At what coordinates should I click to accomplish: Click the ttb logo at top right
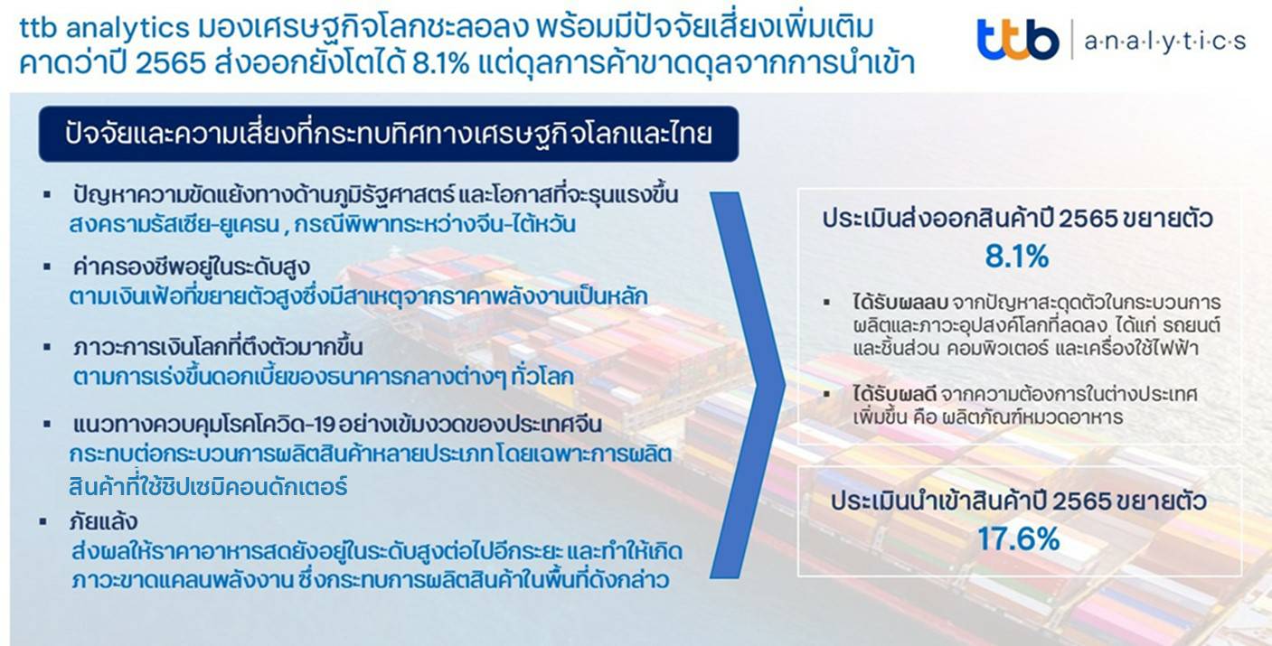pyautogui.click(x=1018, y=39)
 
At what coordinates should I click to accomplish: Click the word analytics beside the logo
pyautogui.click(x=1164, y=42)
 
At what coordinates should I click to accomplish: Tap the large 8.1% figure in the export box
pyautogui.click(x=1016, y=256)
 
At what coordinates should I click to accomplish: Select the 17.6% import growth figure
pyautogui.click(x=1018, y=538)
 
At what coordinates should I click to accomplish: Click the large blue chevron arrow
pyautogui.click(x=749, y=386)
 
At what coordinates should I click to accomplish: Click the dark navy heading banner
pyautogui.click(x=389, y=134)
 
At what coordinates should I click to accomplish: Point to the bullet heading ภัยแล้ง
pyautogui.click(x=103, y=521)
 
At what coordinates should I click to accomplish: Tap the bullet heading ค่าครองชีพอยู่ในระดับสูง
pyautogui.click(x=192, y=267)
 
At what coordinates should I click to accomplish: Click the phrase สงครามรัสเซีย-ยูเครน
pyautogui.click(x=174, y=225)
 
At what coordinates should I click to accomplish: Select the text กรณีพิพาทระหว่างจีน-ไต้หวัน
pyautogui.click(x=435, y=225)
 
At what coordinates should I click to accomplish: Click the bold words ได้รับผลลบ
pyautogui.click(x=900, y=303)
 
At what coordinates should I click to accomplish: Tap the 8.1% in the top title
pyautogui.click(x=440, y=63)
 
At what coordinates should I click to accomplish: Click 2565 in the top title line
pyautogui.click(x=170, y=63)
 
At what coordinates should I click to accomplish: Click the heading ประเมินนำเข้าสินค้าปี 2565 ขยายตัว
pyautogui.click(x=1019, y=501)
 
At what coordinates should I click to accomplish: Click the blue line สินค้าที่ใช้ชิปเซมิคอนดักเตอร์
pyautogui.click(x=208, y=486)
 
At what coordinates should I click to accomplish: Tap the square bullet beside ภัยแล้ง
pyautogui.click(x=42, y=521)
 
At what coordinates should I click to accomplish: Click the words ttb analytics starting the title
pyautogui.click(x=104, y=28)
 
